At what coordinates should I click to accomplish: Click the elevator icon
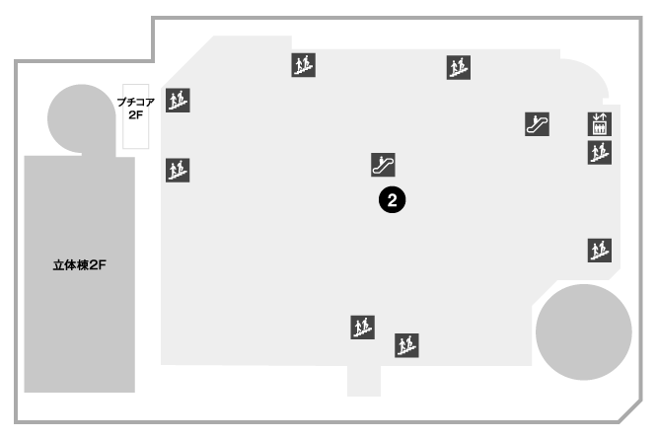click(x=599, y=124)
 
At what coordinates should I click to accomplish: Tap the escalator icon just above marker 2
click(x=383, y=165)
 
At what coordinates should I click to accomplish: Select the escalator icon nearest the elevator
click(x=538, y=124)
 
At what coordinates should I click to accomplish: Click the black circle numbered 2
click(x=393, y=200)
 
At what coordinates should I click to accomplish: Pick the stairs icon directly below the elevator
click(x=599, y=153)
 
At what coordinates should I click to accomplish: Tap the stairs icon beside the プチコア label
click(x=178, y=100)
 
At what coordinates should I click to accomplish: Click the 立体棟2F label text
click(x=80, y=265)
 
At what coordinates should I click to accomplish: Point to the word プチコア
click(x=136, y=102)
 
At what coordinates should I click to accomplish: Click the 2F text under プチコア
click(x=136, y=114)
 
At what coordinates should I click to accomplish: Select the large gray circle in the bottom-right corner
click(x=584, y=332)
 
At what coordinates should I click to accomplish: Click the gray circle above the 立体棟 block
click(x=82, y=118)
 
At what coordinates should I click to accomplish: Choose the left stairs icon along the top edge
click(x=304, y=65)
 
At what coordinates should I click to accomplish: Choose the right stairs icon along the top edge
click(x=459, y=67)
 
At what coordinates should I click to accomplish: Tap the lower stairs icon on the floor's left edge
click(x=178, y=170)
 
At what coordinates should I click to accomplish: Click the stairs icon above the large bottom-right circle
click(x=599, y=251)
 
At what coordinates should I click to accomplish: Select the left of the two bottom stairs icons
click(x=362, y=328)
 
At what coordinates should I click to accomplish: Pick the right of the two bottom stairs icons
click(x=406, y=345)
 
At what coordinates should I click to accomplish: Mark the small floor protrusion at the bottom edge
click(x=364, y=381)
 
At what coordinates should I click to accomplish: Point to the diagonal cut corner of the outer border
click(x=630, y=411)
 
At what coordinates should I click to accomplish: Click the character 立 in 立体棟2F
click(x=58, y=265)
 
